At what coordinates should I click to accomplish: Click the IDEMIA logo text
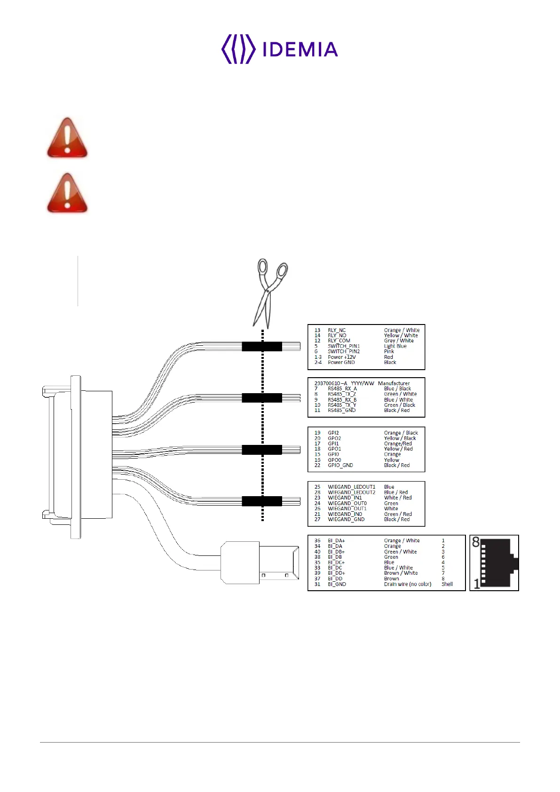tap(300, 49)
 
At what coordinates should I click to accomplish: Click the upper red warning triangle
tap(67, 138)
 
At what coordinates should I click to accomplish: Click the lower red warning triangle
tap(67, 193)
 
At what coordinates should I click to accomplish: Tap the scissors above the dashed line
tap(269, 292)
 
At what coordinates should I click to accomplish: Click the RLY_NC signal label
tap(337, 330)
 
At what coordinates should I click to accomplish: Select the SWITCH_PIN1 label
tap(344, 346)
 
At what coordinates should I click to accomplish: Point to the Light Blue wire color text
tap(395, 346)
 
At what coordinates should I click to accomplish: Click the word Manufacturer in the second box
tap(394, 383)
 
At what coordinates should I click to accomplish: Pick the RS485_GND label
tap(342, 410)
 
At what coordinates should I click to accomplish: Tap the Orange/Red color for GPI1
tap(398, 444)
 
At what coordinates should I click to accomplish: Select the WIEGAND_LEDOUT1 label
tap(351, 487)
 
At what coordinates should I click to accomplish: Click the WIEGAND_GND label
tap(346, 519)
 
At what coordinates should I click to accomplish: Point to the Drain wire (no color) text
tap(407, 584)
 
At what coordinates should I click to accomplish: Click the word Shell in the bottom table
tap(447, 584)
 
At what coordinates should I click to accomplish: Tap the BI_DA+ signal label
tap(336, 541)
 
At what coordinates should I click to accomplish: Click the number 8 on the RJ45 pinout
tap(476, 542)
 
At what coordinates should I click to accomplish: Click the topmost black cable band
tap(262, 347)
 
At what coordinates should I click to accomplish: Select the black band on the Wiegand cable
tap(262, 501)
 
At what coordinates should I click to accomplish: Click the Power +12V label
tap(342, 357)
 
